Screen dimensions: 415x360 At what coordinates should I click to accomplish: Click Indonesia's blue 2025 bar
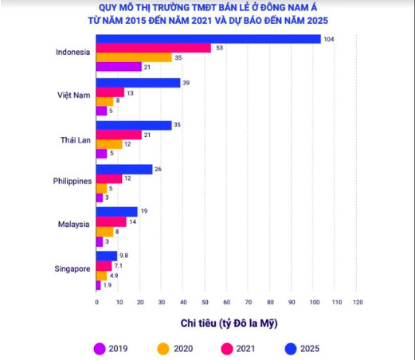pyautogui.click(x=209, y=39)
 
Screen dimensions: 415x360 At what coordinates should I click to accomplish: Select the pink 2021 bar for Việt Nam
pyautogui.click(x=110, y=92)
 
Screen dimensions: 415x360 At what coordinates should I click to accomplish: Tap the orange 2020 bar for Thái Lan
pyautogui.click(x=109, y=144)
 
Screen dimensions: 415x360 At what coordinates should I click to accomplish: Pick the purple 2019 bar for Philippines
pyautogui.click(x=100, y=198)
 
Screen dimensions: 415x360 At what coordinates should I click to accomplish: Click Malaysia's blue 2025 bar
pyautogui.click(x=117, y=212)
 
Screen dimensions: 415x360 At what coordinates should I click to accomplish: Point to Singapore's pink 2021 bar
pyautogui.click(x=104, y=266)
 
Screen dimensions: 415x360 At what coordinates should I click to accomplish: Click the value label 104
pyautogui.click(x=329, y=39)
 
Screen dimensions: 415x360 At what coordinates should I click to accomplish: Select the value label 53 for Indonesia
pyautogui.click(x=219, y=48)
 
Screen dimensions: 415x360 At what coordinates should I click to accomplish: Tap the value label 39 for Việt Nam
pyautogui.click(x=186, y=83)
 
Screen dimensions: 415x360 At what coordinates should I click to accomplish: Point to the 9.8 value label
pyautogui.click(x=123, y=256)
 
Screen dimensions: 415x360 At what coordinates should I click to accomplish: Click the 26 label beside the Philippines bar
pyautogui.click(x=158, y=169)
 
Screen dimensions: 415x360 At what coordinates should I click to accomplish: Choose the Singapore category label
pyautogui.click(x=72, y=269)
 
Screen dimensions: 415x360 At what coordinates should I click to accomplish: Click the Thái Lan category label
pyautogui.click(x=76, y=140)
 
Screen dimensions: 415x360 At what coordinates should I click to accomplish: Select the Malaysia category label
pyautogui.click(x=74, y=225)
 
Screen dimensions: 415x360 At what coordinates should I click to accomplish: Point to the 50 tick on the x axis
pyautogui.click(x=205, y=302)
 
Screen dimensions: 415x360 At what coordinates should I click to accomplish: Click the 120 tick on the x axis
pyautogui.click(x=358, y=302)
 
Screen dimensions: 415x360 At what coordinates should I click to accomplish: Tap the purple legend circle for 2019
pyautogui.click(x=100, y=349)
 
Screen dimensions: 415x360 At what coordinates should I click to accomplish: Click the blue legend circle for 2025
pyautogui.click(x=291, y=349)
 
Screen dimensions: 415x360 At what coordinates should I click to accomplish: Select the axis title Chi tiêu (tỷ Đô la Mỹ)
pyautogui.click(x=229, y=323)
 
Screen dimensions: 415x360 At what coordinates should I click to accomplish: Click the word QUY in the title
pyautogui.click(x=108, y=7)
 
